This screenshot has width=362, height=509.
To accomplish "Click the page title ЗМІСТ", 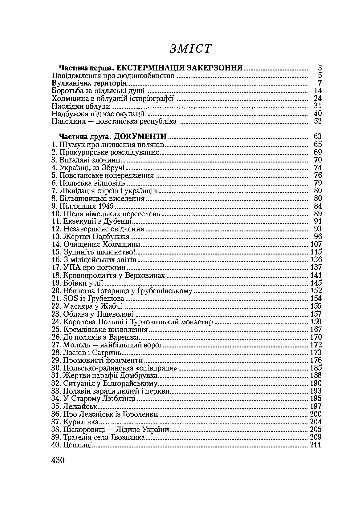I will tap(191, 49).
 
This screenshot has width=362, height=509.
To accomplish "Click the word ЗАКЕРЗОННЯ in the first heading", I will tap(216, 68).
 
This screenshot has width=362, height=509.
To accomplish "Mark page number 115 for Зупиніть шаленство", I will tap(315, 252).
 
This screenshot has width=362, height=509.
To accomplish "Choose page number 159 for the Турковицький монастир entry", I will tap(315, 322).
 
